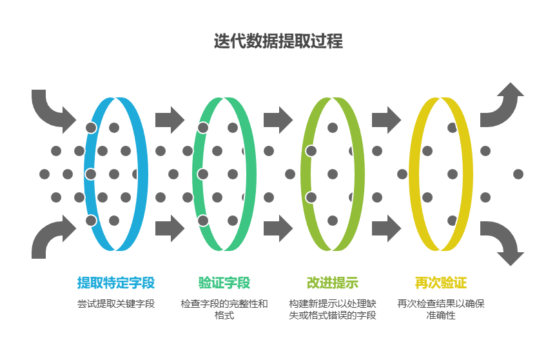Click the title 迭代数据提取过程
(x=278, y=41)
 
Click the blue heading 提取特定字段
(x=116, y=283)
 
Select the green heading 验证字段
(x=224, y=283)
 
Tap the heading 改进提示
(x=332, y=283)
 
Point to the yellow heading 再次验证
(x=440, y=283)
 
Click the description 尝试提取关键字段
(x=116, y=304)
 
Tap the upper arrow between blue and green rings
(x=170, y=119)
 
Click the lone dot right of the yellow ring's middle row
(x=518, y=174)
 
